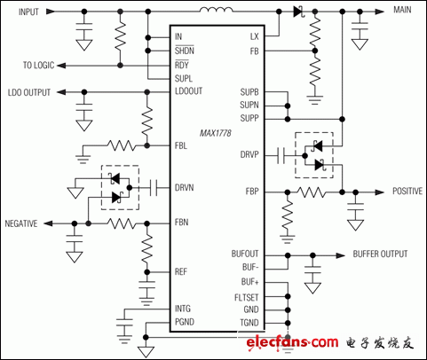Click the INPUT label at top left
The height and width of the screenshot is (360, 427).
click(x=24, y=12)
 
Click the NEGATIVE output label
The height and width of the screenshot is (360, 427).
click(x=21, y=224)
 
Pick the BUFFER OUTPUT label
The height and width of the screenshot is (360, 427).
click(x=383, y=254)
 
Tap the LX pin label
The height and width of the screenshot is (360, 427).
click(x=253, y=36)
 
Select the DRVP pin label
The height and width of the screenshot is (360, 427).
click(x=249, y=153)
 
